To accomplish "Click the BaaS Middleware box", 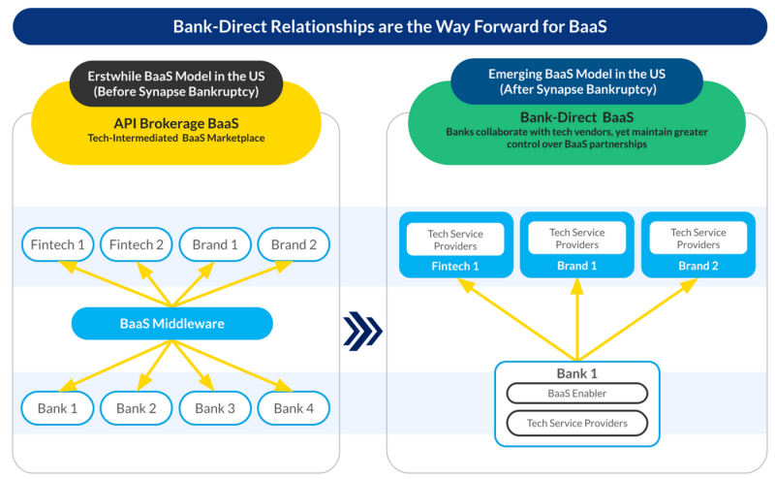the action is [172, 324].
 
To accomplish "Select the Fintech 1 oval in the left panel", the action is [57, 244].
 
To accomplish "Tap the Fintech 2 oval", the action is [137, 244].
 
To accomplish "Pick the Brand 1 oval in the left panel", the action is [215, 244].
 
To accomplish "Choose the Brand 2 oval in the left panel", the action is [294, 244].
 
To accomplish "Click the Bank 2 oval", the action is [137, 408].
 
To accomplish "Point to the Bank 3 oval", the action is [215, 408].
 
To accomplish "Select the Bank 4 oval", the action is [294, 408].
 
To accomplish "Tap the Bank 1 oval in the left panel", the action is [57, 408].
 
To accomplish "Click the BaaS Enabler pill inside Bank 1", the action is [577, 394].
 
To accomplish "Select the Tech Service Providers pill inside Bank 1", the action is [577, 423].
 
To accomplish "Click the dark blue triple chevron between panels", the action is [362, 331].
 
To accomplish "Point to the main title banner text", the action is [390, 26].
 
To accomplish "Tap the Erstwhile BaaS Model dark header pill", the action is [176, 83].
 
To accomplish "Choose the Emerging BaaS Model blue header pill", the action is [576, 81].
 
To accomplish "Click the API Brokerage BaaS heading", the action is [176, 123].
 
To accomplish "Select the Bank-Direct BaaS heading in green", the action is [576, 117].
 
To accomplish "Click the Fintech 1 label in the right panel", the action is [455, 267].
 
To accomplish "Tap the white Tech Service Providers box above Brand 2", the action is [698, 238].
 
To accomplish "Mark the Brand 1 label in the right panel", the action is [576, 266].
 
